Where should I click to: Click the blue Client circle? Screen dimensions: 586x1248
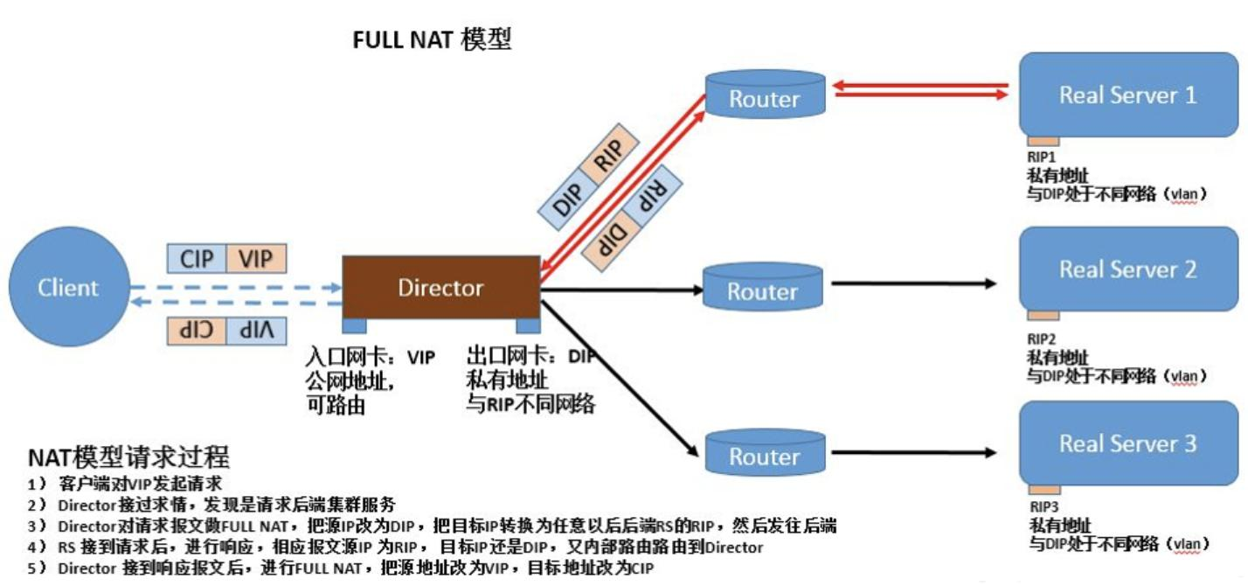coord(67,287)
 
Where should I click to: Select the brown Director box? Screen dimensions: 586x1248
coord(440,287)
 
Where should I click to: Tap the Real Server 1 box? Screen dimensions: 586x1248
coord(1127,94)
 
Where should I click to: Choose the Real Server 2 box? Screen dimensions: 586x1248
coord(1127,269)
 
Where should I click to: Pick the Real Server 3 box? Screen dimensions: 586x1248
coord(1127,443)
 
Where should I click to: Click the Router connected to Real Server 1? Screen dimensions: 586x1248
coord(765,96)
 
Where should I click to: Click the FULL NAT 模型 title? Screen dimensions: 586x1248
coord(431,39)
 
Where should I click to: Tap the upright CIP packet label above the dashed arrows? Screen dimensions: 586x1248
coord(197,259)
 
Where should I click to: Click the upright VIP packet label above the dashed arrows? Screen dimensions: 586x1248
coord(256,259)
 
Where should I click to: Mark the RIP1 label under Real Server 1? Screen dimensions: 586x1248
coord(1042,157)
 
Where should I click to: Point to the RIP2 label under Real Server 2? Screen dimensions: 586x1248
coord(1042,338)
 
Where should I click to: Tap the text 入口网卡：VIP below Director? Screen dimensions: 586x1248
coord(370,358)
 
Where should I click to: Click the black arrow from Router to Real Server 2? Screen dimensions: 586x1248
coord(913,283)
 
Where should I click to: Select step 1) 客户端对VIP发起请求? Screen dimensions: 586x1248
coord(127,484)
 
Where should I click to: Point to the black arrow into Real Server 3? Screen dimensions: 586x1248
coord(913,453)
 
